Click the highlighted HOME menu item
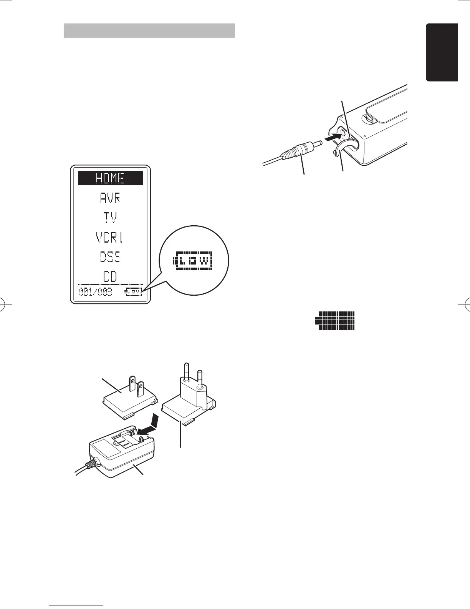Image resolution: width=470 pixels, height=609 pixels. pyautogui.click(x=110, y=178)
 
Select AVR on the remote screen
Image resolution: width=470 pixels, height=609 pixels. pyautogui.click(x=110, y=198)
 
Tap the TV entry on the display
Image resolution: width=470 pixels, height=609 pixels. pyautogui.click(x=110, y=218)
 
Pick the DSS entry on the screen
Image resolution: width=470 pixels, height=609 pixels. pyautogui.click(x=110, y=257)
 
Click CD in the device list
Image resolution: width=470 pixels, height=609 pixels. pyautogui.click(x=110, y=276)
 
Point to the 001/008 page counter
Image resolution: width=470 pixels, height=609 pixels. pyautogui.click(x=96, y=292)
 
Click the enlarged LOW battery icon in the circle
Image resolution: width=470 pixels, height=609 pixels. pyautogui.click(x=194, y=262)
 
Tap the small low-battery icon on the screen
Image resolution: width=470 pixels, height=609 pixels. pyautogui.click(x=134, y=292)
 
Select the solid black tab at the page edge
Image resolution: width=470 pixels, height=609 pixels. pyautogui.click(x=442, y=52)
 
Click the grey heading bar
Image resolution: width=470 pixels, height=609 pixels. pyautogui.click(x=149, y=31)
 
